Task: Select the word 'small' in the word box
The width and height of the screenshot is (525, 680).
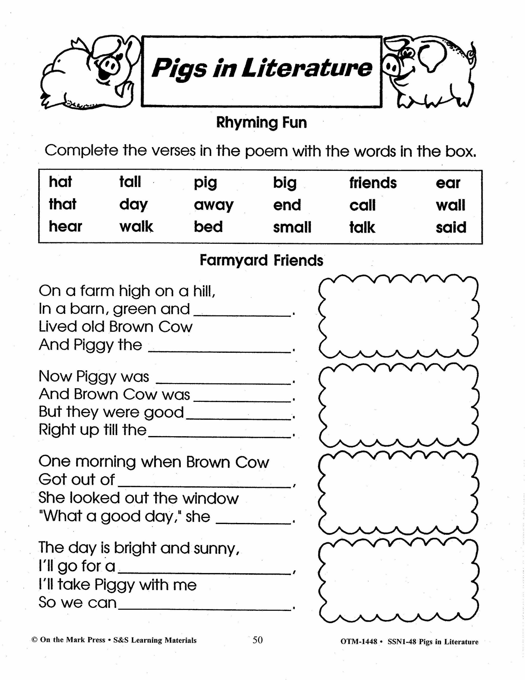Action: (292, 227)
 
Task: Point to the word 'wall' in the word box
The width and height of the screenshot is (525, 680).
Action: (450, 205)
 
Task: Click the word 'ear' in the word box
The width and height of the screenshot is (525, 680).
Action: (448, 183)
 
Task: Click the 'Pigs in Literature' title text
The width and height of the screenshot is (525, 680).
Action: (261, 68)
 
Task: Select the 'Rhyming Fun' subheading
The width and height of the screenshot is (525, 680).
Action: (261, 123)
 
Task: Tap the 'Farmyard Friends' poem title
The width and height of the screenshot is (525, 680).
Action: (261, 260)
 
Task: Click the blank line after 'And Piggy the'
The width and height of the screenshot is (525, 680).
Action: (220, 350)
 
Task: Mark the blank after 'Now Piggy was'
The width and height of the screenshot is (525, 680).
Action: (223, 382)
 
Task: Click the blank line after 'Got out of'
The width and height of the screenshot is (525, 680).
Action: (204, 485)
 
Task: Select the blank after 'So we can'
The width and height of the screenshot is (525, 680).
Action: (204, 607)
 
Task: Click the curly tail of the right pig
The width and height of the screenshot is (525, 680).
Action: (471, 53)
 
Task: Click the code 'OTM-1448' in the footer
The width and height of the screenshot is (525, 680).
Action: (359, 642)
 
